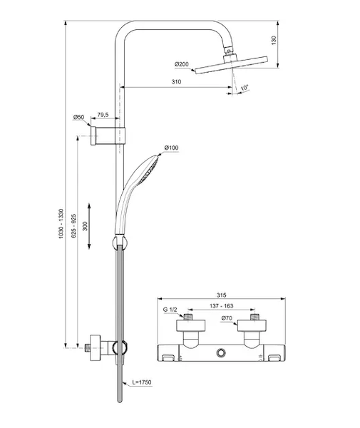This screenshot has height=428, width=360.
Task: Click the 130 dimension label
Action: (274, 40)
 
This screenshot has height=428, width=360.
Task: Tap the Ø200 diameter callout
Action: (182, 64)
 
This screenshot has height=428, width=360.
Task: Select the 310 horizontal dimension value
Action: (176, 81)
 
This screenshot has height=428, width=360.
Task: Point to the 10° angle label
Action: (245, 88)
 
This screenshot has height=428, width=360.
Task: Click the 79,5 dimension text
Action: (103, 115)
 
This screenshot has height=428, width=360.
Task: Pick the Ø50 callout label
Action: (78, 117)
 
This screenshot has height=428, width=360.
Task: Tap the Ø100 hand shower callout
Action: (171, 148)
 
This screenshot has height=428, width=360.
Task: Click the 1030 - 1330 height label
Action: (61, 224)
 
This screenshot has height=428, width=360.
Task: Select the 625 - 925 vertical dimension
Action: (74, 225)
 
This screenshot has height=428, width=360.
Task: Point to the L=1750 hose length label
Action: (142, 382)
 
